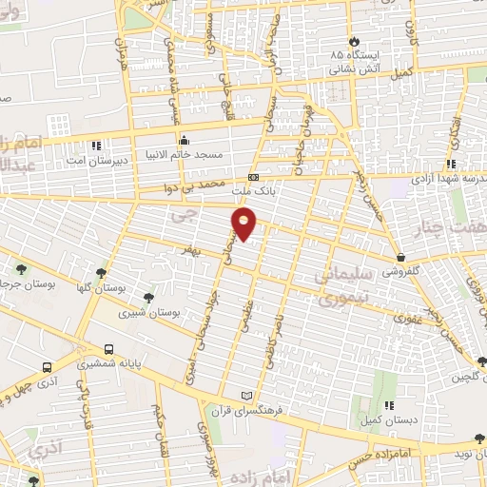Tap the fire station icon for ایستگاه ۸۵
pos(355,42)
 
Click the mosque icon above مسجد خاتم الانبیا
pos(184,142)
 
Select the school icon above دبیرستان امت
pos(96,146)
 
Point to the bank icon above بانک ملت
pos(254,177)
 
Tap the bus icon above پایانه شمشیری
pos(108,349)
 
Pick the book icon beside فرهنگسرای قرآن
pos(248,395)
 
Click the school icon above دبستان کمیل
pos(390,406)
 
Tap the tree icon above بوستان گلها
pos(101,272)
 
